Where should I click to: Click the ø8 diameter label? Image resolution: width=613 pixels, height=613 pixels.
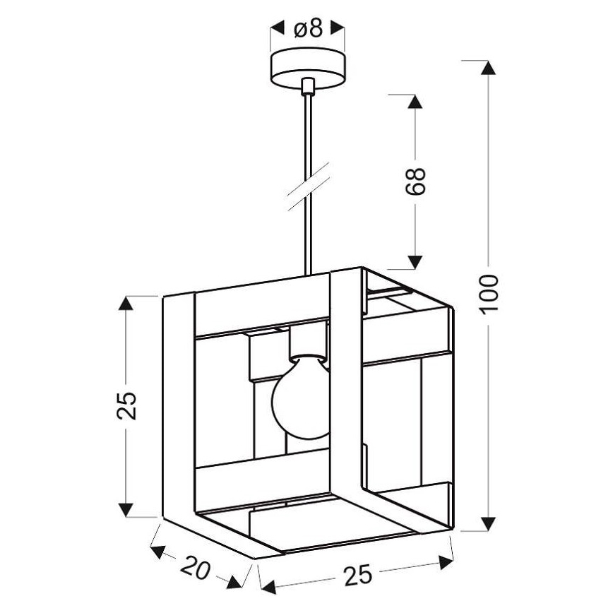[x=308, y=28]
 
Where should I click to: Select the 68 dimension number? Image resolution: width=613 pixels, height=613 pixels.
[x=415, y=181]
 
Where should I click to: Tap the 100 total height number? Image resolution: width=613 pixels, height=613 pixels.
[x=488, y=294]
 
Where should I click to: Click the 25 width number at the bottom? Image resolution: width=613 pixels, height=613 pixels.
[x=358, y=575]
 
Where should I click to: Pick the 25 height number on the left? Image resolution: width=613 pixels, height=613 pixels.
[x=126, y=405]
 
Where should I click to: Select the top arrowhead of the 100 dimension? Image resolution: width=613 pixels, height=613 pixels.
[x=488, y=67]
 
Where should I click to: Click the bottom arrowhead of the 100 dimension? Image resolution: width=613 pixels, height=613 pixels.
[x=488, y=524]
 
